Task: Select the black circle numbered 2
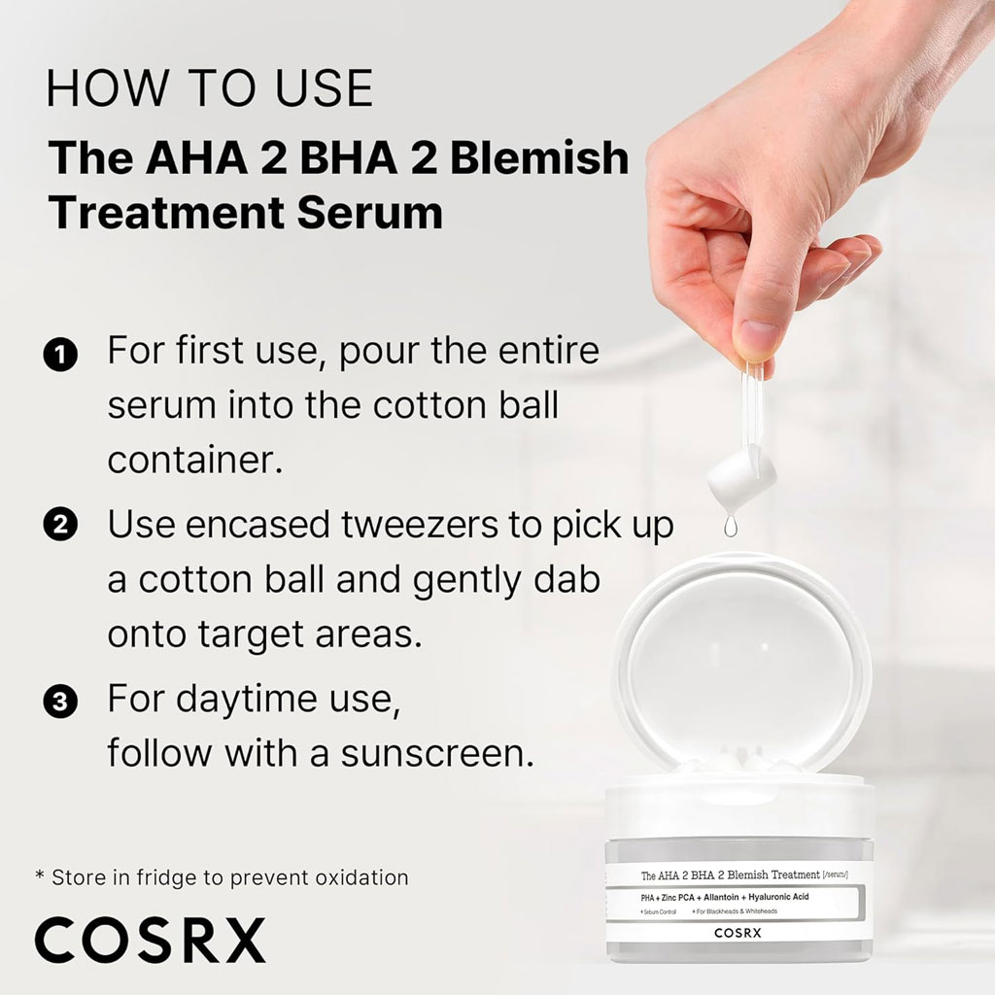pyautogui.click(x=60, y=527)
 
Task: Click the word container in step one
pyautogui.click(x=194, y=460)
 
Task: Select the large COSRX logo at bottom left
pyautogui.click(x=150, y=940)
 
